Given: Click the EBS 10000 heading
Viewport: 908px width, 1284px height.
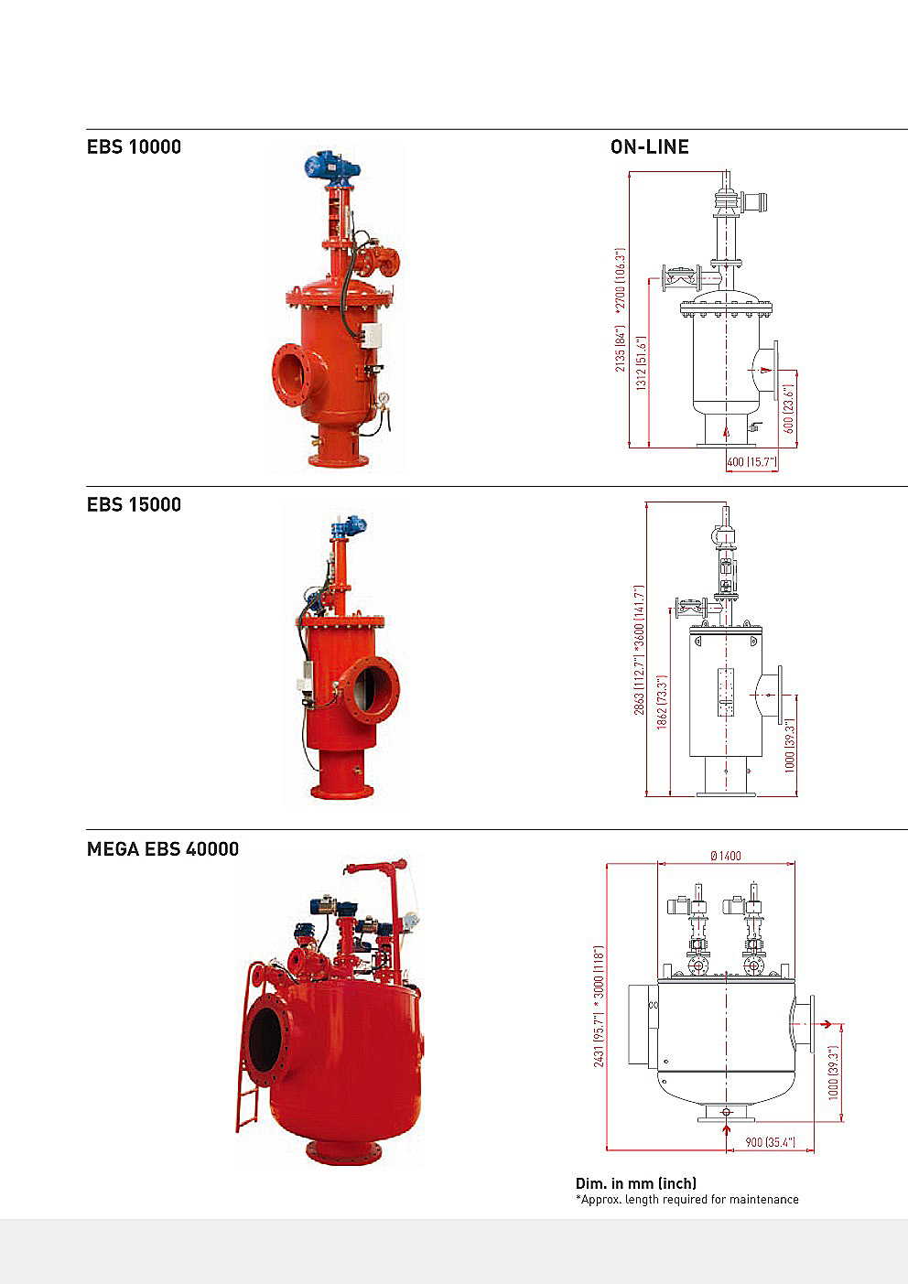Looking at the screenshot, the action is pyautogui.click(x=134, y=146).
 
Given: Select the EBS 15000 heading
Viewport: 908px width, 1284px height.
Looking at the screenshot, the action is pyautogui.click(x=134, y=504).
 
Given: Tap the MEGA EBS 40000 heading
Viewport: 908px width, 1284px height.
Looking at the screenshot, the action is pyautogui.click(x=163, y=849).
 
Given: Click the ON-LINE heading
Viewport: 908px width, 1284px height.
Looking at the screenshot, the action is pyautogui.click(x=650, y=146).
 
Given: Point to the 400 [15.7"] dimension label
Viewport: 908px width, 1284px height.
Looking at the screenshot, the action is pyautogui.click(x=752, y=461).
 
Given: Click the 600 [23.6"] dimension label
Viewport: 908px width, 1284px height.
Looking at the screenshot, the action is pyautogui.click(x=788, y=409).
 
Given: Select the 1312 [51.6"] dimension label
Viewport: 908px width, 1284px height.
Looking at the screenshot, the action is pyautogui.click(x=642, y=362).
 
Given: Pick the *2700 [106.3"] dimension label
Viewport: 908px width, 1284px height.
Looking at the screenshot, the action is pyautogui.click(x=620, y=281).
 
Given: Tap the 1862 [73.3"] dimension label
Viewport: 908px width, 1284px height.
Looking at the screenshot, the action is pyautogui.click(x=662, y=702).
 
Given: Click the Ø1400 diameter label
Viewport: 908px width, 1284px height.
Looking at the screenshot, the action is pyautogui.click(x=726, y=856).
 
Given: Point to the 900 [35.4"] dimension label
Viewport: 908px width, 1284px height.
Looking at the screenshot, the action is pyautogui.click(x=771, y=1142).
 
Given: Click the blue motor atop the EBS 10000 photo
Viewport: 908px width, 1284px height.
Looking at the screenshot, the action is pyautogui.click(x=332, y=167).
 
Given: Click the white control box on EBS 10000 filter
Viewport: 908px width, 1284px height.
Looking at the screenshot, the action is pyautogui.click(x=373, y=335).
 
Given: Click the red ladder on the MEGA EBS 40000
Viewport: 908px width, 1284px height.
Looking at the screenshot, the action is pyautogui.click(x=249, y=1049).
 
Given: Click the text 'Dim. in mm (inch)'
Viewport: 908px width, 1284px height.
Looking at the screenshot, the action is pyautogui.click(x=636, y=1183).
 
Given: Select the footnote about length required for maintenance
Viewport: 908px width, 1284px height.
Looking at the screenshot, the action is pyautogui.click(x=686, y=1199).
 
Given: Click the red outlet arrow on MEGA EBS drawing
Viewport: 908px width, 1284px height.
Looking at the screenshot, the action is pyautogui.click(x=826, y=1024).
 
